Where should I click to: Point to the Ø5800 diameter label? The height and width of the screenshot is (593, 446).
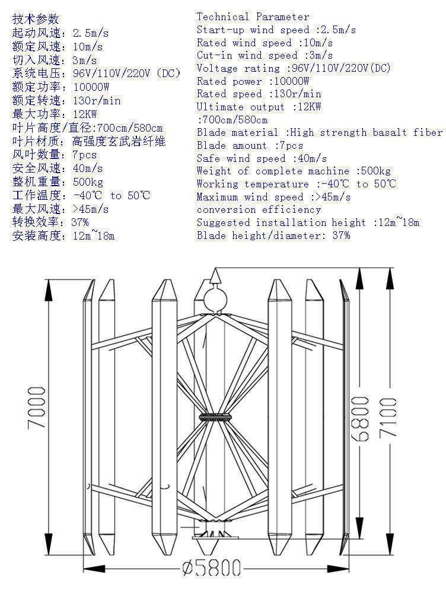tap(213, 568)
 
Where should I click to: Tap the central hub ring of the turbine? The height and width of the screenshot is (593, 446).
tap(215, 417)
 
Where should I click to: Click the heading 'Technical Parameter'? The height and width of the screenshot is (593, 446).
tap(253, 17)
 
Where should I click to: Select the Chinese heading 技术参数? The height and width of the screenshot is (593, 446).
tap(36, 19)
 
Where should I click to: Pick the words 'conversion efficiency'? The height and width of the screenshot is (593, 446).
tap(259, 209)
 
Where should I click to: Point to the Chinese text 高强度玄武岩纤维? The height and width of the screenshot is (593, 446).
tap(119, 141)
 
